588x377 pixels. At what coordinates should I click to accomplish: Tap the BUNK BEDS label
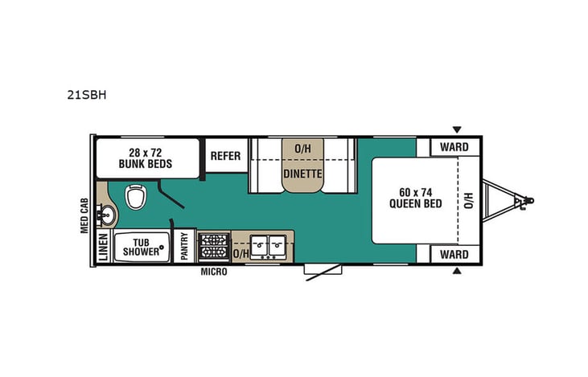point(147,158)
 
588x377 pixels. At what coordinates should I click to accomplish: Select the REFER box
point(225,156)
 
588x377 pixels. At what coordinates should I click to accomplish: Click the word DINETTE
point(302,173)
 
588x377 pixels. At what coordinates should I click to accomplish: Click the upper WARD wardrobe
point(454,147)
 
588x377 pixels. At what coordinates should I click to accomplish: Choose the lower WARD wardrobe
point(454,254)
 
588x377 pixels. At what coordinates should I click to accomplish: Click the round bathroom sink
point(107,215)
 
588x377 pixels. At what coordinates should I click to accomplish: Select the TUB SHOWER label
point(141,246)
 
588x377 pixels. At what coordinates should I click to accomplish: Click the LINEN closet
point(102,247)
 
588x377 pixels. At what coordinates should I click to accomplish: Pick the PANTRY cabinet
point(184,246)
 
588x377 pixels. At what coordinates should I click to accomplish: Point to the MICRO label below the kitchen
point(214,273)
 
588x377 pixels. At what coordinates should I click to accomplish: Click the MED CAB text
point(84,215)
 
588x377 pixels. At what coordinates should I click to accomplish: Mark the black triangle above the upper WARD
point(457,129)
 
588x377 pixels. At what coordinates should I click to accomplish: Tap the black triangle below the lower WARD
point(457,272)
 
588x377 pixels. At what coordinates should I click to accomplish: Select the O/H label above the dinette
point(302,148)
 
